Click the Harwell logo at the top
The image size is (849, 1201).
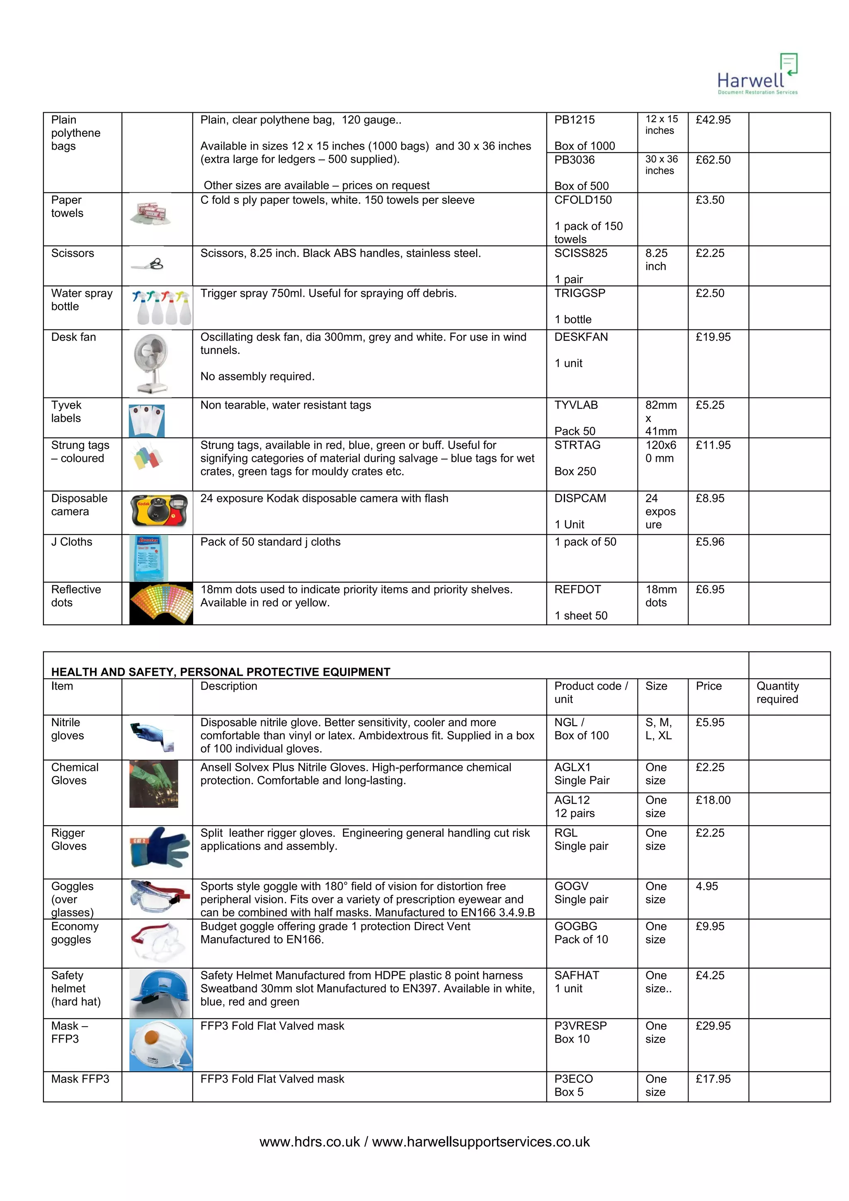(757, 75)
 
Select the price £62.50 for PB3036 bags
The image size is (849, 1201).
(713, 160)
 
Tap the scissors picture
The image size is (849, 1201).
(148, 265)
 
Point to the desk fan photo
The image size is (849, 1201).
(152, 363)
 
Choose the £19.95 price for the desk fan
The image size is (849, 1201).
(713, 337)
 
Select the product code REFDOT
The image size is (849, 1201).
(577, 589)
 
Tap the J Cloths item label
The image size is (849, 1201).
(72, 542)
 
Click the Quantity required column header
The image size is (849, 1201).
(777, 693)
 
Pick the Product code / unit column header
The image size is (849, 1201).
(591, 693)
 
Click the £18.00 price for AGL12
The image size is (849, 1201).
(713, 800)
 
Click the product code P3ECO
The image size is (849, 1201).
(573, 1079)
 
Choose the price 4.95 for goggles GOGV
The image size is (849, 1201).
(707, 886)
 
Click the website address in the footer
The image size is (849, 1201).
(424, 1141)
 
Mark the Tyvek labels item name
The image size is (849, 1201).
(66, 412)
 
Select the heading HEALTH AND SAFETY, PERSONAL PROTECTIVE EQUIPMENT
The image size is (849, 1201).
(221, 672)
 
